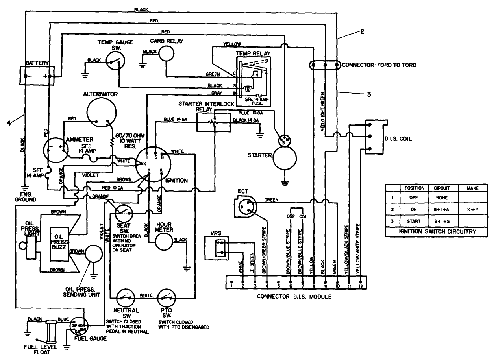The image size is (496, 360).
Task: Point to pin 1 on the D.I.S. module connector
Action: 231,282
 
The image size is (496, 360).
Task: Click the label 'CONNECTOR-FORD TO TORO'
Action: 379,65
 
